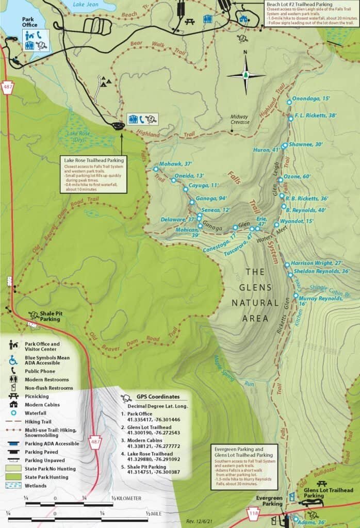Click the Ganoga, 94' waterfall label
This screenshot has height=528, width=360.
(210, 198)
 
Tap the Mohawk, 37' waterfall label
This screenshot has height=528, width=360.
(175, 164)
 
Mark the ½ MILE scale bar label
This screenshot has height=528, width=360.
(155, 514)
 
